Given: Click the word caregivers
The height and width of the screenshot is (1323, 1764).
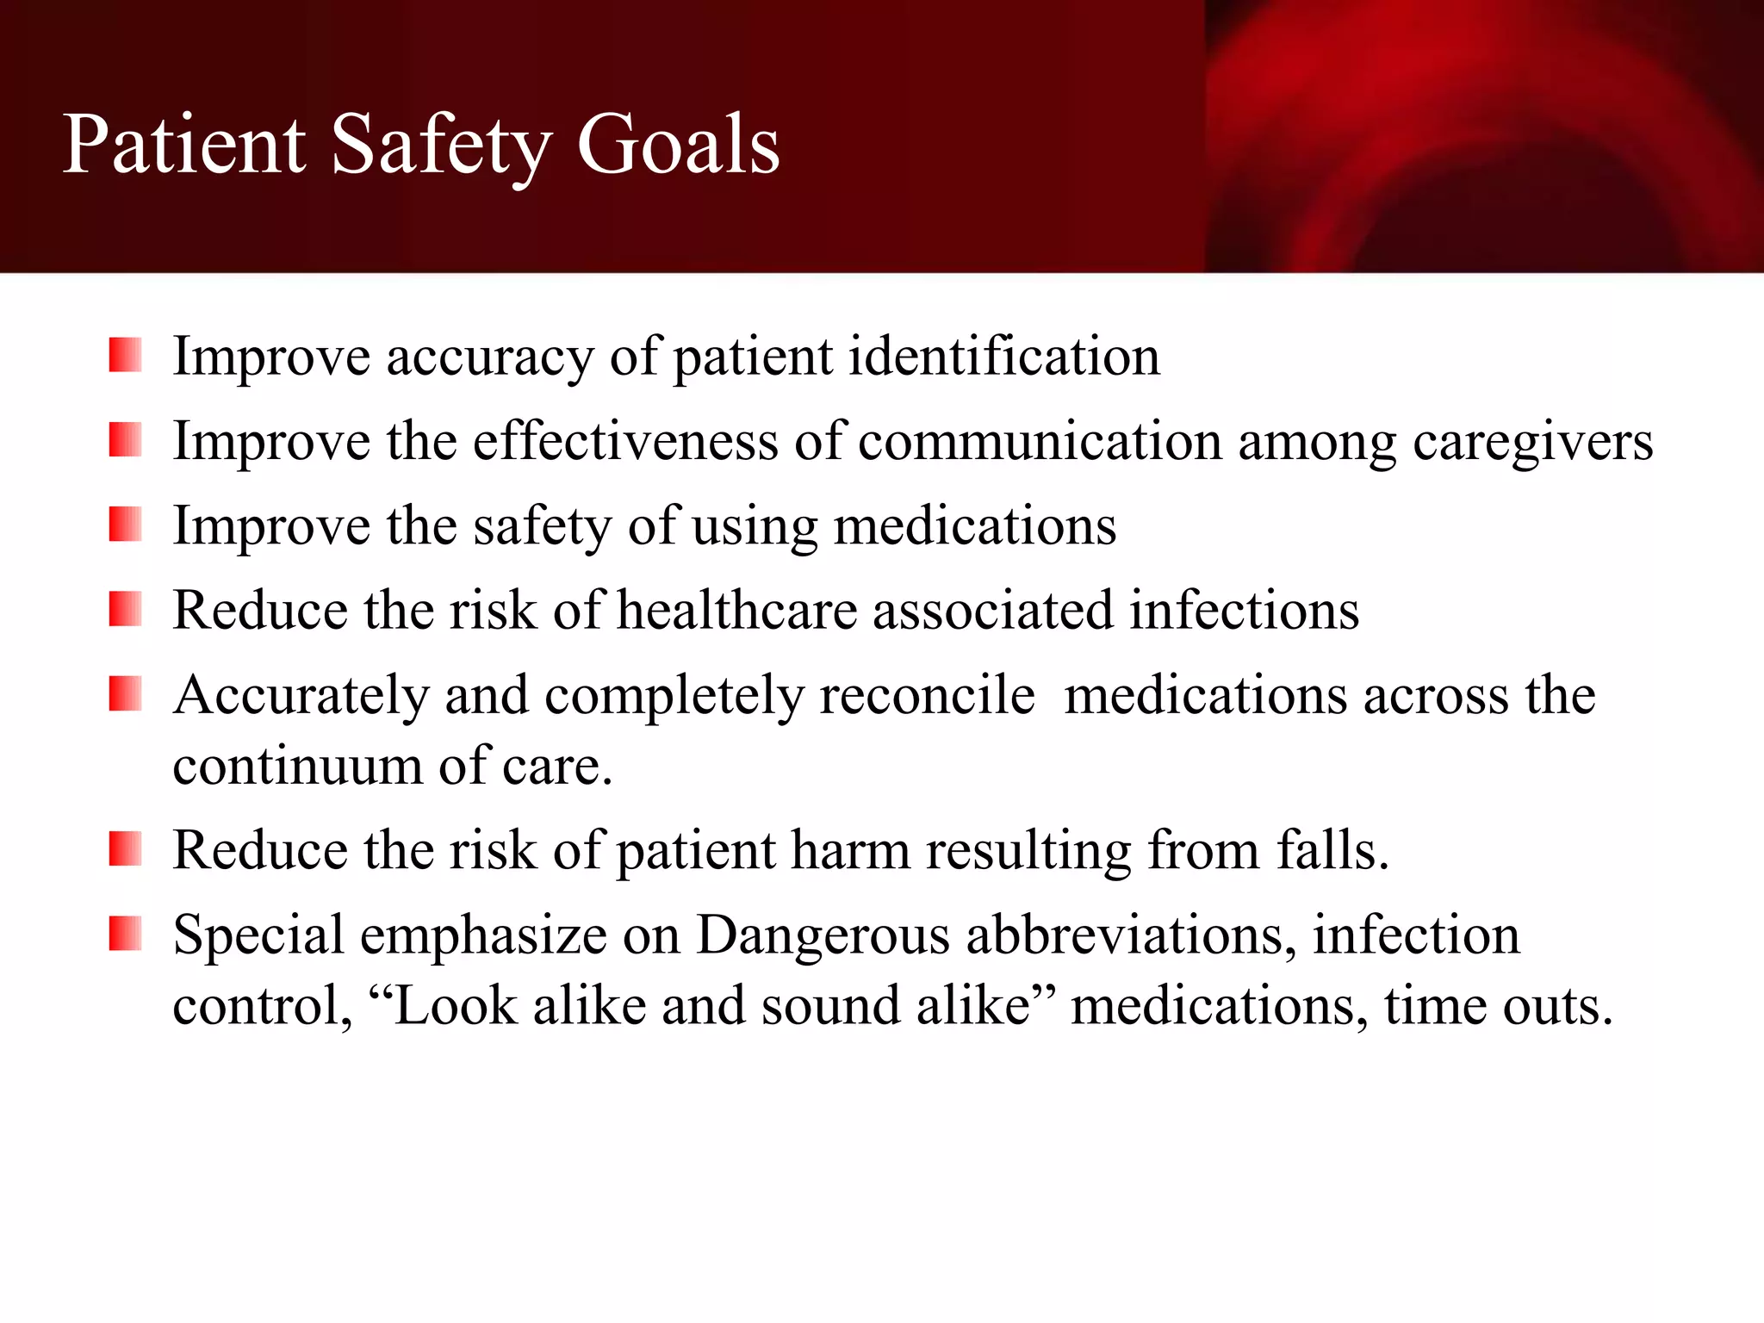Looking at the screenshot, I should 1532,442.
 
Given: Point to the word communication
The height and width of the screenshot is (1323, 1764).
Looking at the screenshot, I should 1040,441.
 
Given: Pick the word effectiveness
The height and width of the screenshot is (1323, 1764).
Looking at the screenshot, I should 625,441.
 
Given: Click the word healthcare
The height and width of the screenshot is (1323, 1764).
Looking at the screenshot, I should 737,610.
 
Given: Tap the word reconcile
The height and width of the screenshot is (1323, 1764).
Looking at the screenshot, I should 927,695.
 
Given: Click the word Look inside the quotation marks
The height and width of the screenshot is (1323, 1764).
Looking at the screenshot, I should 454,1005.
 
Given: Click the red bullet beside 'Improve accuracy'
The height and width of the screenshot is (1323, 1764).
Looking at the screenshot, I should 125,355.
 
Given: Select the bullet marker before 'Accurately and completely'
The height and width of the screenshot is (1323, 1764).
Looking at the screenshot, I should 125,694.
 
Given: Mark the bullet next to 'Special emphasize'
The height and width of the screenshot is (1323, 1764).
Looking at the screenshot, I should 125,934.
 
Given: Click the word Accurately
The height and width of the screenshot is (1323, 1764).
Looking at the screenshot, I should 301,695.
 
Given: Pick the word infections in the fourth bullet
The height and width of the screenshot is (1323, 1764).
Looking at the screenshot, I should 1244,610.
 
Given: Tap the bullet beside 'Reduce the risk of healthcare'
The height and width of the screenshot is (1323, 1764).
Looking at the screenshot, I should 125,609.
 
